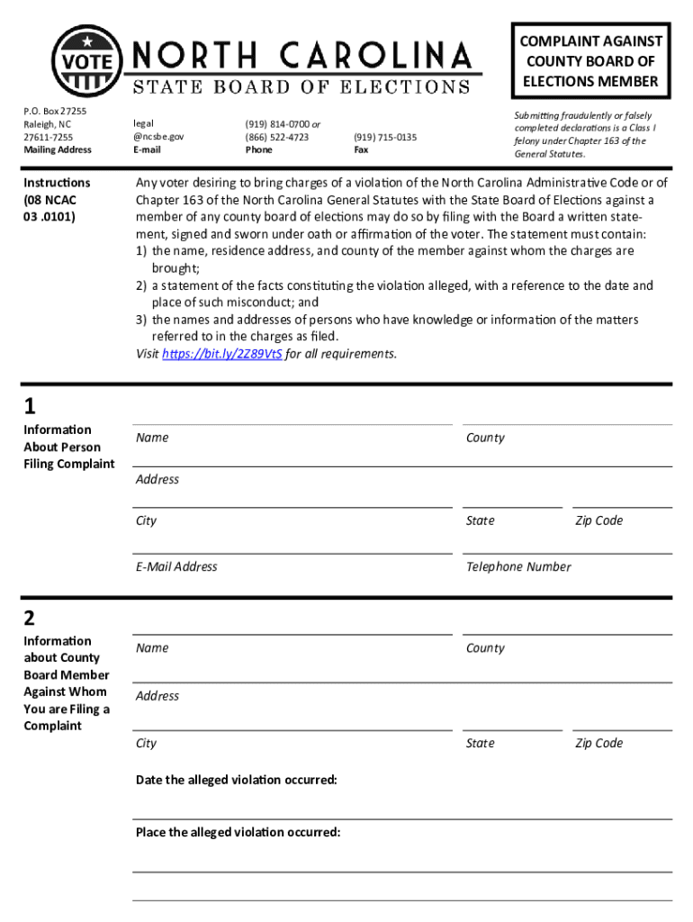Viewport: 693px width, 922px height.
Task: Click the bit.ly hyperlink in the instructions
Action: pos(221,354)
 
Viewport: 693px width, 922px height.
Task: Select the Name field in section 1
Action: pos(292,438)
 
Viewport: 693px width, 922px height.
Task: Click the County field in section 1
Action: pos(567,438)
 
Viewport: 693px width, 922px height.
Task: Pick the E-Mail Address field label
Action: pos(176,567)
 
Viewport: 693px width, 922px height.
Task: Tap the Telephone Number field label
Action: pos(518,567)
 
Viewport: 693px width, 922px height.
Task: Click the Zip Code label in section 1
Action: pos(598,521)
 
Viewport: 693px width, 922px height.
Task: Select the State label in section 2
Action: pos(480,744)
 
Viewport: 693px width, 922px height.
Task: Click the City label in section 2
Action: pos(146,744)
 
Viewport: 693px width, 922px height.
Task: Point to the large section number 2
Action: pos(30,618)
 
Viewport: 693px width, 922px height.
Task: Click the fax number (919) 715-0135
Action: pos(385,137)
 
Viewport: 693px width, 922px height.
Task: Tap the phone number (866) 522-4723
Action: pos(276,137)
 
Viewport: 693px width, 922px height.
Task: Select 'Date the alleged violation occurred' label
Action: pos(236,780)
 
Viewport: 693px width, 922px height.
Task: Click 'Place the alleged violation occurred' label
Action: pos(238,833)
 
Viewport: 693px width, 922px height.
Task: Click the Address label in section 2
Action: pos(157,696)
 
